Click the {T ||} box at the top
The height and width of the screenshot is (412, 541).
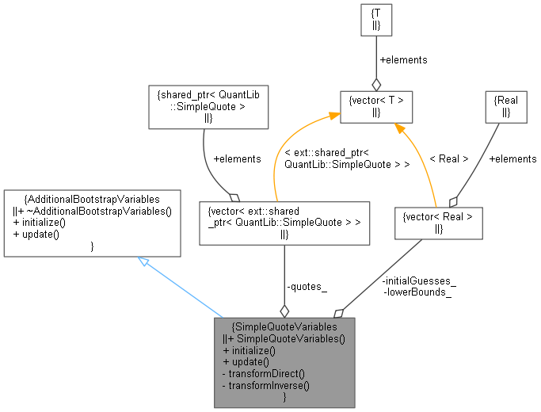(x=375, y=20)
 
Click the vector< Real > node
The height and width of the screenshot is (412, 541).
(x=438, y=223)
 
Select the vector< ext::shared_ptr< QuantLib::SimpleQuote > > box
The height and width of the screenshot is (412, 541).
(x=284, y=223)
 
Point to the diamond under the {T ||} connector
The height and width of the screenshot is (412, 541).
(x=375, y=84)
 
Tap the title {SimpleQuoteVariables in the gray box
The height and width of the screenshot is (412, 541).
(x=284, y=326)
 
